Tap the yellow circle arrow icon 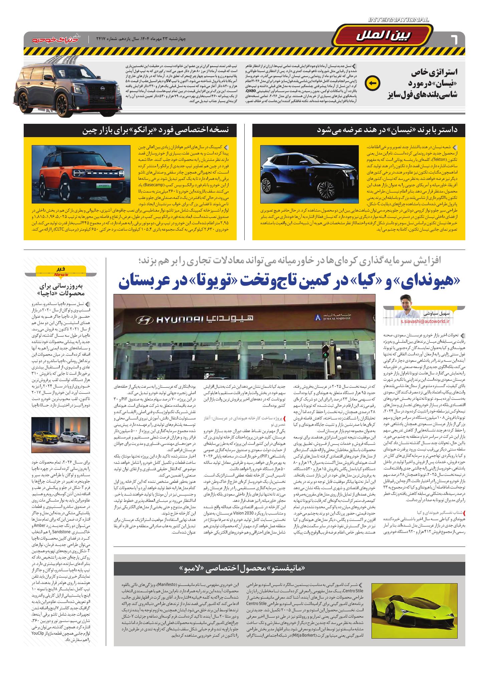373,83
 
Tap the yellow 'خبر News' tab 60,271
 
